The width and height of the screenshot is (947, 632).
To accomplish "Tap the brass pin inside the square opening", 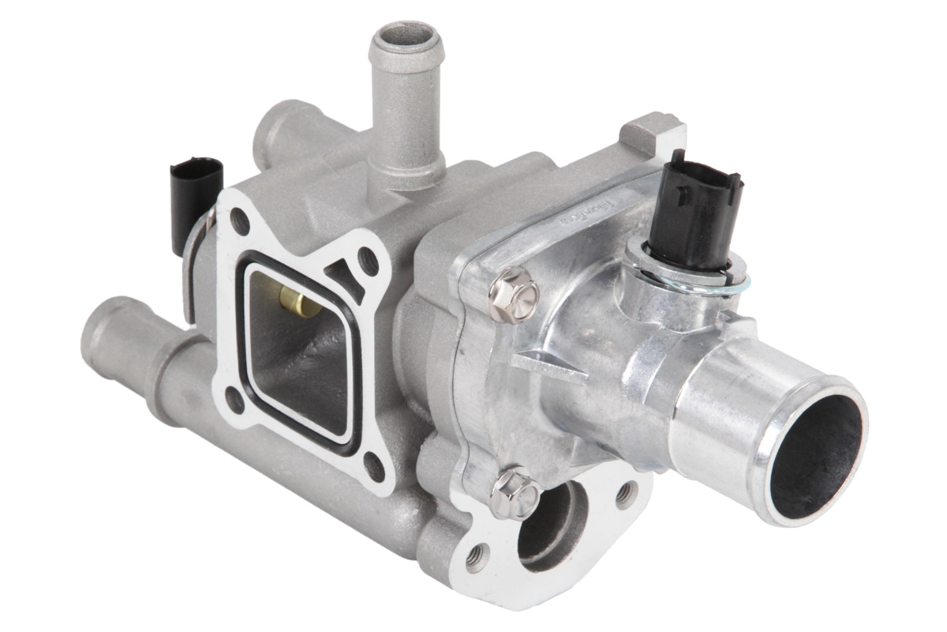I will tap(294, 299).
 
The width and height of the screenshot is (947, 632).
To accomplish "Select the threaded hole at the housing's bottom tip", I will tap(477, 559).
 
